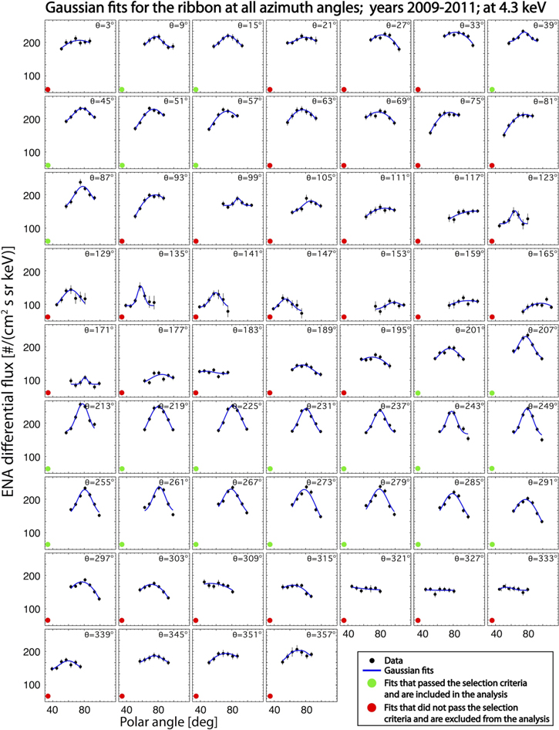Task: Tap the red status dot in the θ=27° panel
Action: [345, 90]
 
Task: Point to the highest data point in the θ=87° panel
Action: [80, 182]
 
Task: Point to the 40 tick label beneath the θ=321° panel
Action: [349, 634]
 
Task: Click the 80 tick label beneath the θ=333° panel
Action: [528, 634]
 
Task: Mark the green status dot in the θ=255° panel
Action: [49, 543]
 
